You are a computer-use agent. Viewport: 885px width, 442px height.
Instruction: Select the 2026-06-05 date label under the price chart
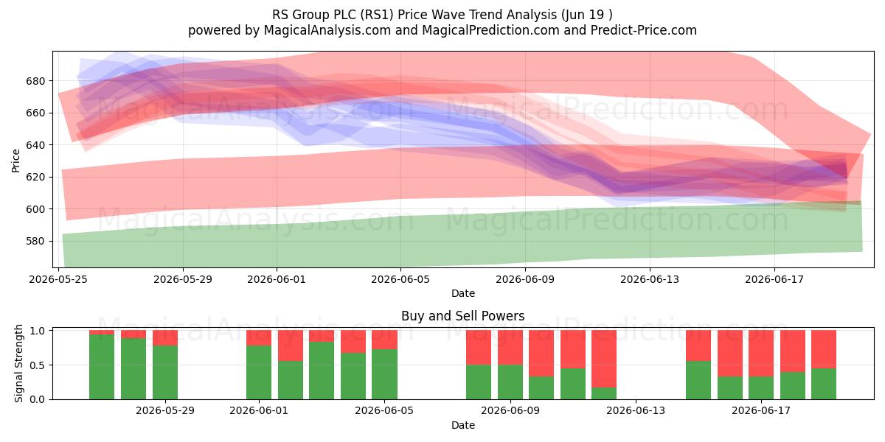[400, 279]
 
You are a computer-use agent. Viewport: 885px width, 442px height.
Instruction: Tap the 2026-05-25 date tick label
[58, 279]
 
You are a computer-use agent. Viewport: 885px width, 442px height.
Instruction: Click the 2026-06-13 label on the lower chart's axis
[635, 410]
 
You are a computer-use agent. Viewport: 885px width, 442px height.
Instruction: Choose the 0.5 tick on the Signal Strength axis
[38, 365]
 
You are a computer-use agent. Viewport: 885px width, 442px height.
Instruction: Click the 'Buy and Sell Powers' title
[462, 316]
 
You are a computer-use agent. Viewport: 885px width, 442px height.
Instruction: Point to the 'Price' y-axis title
[15, 161]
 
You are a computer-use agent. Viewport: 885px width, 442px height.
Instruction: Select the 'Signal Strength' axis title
[18, 363]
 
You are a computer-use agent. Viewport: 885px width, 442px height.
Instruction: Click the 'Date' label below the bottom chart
[462, 425]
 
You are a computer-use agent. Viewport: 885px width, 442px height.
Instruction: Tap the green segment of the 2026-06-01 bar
[259, 373]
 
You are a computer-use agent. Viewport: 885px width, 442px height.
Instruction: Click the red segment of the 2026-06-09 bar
[510, 347]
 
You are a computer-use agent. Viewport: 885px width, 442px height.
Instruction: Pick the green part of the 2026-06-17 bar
[761, 388]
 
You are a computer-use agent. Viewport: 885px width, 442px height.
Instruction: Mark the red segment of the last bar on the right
[824, 349]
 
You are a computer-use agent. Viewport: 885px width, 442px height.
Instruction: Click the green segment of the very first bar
[102, 367]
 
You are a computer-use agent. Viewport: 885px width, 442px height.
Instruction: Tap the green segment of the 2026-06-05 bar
[384, 374]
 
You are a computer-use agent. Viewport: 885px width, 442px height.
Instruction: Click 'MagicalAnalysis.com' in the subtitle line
[327, 30]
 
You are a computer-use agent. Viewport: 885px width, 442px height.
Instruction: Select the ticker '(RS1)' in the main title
[376, 15]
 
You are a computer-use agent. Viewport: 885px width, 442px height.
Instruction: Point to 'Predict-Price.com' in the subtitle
[644, 30]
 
